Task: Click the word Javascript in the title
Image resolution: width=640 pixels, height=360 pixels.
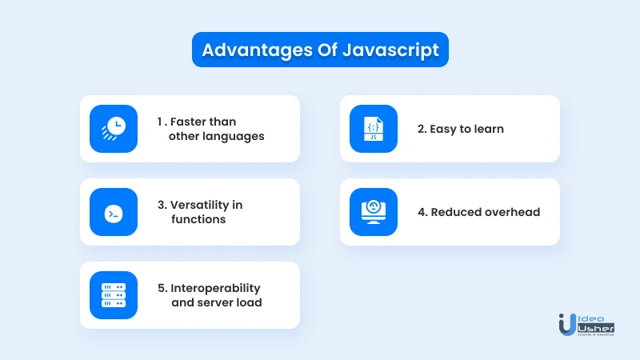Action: click(x=390, y=50)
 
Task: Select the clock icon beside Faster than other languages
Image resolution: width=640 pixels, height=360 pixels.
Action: click(x=114, y=129)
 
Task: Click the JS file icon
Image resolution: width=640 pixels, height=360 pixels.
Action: click(x=374, y=129)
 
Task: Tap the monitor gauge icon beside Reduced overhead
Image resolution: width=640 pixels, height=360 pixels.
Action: click(x=374, y=212)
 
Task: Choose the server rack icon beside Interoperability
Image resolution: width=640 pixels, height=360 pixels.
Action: click(x=114, y=295)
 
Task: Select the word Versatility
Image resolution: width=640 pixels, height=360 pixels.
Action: click(x=199, y=205)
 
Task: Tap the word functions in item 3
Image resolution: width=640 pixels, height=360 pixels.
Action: click(x=198, y=219)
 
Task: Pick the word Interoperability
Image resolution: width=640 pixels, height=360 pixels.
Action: click(x=215, y=289)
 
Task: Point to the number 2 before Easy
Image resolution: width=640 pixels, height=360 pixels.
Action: click(x=422, y=129)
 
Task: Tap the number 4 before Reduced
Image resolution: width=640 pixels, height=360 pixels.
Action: click(x=422, y=212)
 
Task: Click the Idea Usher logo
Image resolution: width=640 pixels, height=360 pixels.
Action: click(x=586, y=325)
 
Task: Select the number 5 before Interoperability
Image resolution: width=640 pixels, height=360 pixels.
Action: click(x=162, y=288)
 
